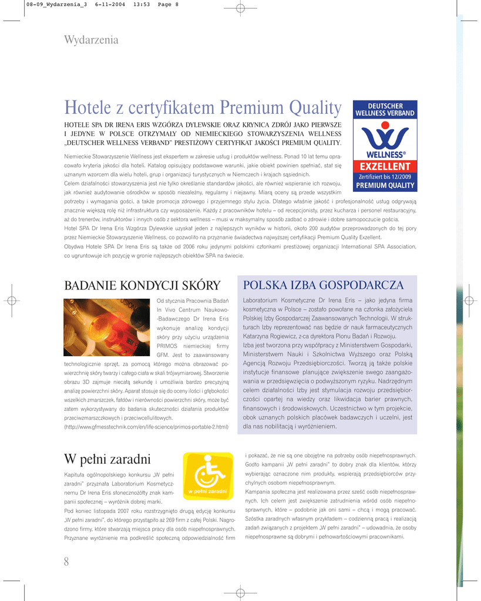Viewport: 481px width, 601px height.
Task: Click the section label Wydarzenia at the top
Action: tap(91, 40)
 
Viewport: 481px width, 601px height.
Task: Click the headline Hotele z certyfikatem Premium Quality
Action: tap(203, 108)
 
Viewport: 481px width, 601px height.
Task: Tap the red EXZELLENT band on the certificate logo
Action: tap(385, 167)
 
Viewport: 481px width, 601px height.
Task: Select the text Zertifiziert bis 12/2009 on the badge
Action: tap(385, 176)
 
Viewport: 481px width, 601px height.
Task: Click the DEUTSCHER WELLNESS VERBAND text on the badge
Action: tap(385, 109)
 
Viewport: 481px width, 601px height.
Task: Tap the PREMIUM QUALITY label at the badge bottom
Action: tap(385, 185)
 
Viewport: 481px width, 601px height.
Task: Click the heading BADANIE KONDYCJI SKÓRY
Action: tap(142, 286)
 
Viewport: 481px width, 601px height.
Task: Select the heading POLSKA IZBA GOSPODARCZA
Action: tap(323, 285)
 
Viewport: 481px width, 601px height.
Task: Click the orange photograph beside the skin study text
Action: tap(106, 327)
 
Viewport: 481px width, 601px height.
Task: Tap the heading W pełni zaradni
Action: tap(107, 458)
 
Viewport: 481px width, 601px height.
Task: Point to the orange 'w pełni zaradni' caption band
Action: tap(207, 491)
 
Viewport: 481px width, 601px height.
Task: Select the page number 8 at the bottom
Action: tap(66, 562)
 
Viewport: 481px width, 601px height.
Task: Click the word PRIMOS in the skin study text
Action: tap(168, 346)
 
